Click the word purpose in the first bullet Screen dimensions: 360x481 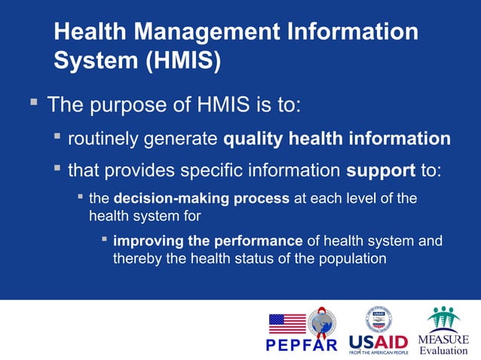126,104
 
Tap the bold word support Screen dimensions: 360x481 381,170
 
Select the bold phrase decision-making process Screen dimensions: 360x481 201,200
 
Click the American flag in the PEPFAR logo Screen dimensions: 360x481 287,323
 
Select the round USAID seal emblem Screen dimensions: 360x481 377,319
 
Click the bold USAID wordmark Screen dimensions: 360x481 377,341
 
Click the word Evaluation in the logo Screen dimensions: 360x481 443,350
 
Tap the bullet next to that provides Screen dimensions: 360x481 57,168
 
